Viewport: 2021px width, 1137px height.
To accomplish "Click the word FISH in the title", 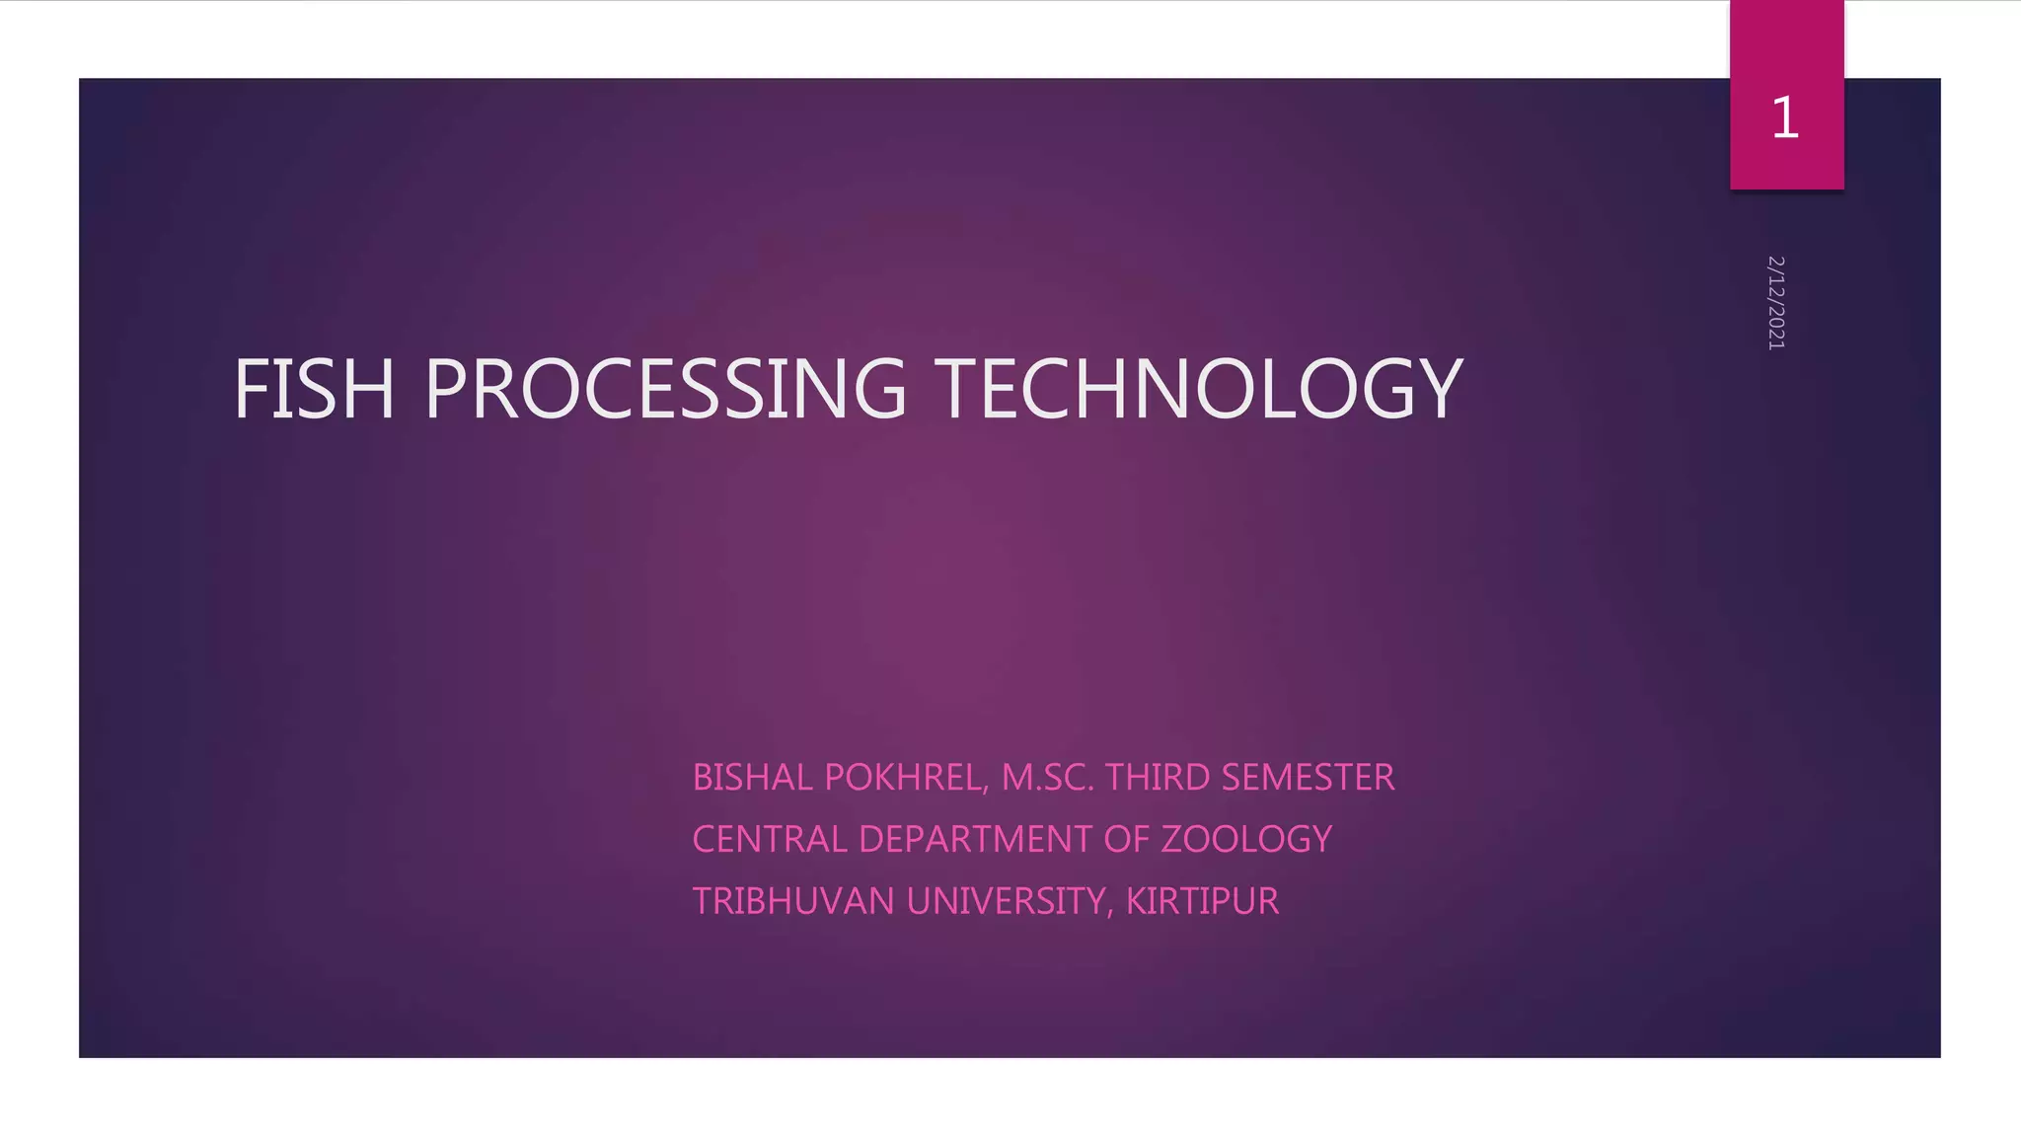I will pyautogui.click(x=314, y=389).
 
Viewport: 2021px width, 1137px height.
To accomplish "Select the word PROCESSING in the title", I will pyautogui.click(x=665, y=389).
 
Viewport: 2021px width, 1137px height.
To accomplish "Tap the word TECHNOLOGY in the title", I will pyautogui.click(x=1198, y=389).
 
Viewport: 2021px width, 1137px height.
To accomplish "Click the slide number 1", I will pyautogui.click(x=1785, y=117).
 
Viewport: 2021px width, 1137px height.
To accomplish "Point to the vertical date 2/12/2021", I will pyautogui.click(x=1776, y=302).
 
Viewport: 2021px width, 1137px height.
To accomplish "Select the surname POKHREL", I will pyautogui.click(x=902, y=778).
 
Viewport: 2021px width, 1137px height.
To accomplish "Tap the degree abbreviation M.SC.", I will pyautogui.click(x=1048, y=778).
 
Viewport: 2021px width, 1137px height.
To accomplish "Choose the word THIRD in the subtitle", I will pyautogui.click(x=1157, y=778).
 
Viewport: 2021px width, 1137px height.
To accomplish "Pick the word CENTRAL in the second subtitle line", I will pyautogui.click(x=770, y=839).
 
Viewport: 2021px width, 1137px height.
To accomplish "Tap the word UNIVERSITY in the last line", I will pyautogui.click(x=1005, y=901).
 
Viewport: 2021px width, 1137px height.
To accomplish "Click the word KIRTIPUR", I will pyautogui.click(x=1202, y=901).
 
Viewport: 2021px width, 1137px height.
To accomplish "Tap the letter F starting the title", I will pyautogui.click(x=251, y=389).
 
